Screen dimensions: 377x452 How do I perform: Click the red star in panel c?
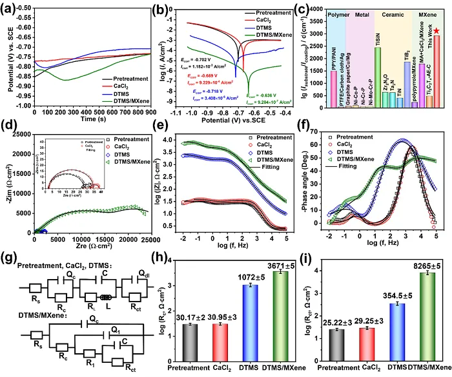437,30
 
